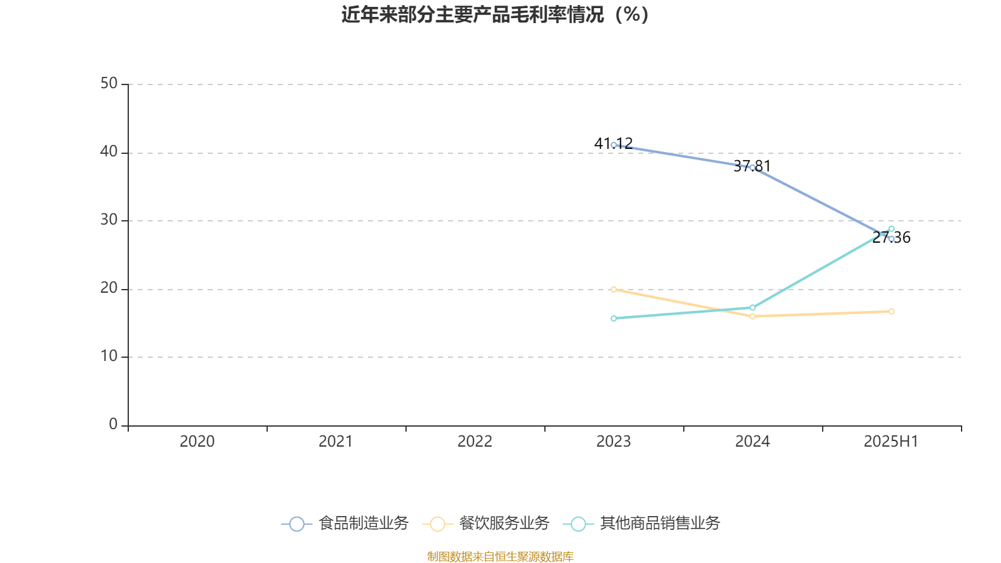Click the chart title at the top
[495, 14]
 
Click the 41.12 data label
[613, 143]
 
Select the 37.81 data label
[752, 166]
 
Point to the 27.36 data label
[892, 238]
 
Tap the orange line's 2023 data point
[614, 289]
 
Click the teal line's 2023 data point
[614, 318]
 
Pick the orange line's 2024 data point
[753, 317]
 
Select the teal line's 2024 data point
[753, 308]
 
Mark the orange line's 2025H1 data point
[892, 312]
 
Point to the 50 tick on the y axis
[109, 83]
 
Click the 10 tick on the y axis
[109, 357]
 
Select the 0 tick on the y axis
[113, 424]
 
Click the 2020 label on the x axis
[197, 442]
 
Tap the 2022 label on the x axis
[475, 442]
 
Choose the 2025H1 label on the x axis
[891, 442]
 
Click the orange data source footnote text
[500, 556]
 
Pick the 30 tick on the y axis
[109, 220]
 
